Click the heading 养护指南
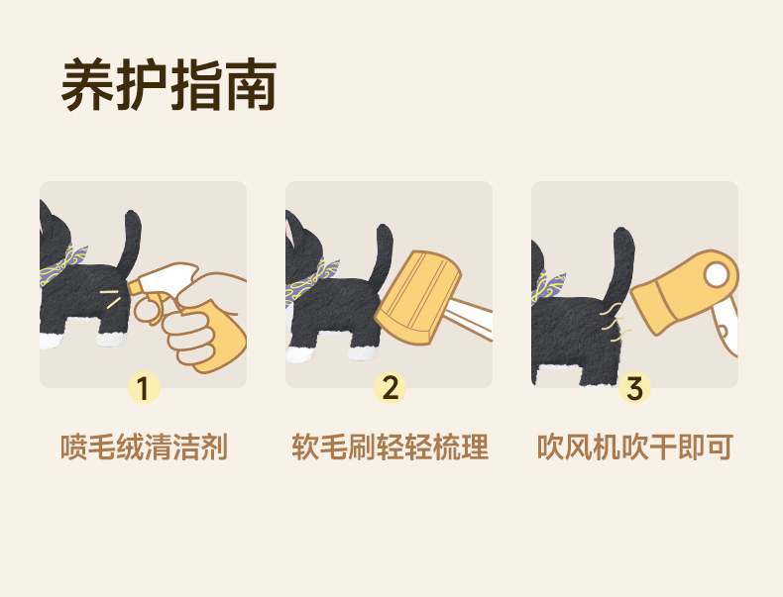168,84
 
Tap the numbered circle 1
144,387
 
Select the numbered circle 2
390,387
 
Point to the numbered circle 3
634,387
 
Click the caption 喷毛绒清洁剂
144,447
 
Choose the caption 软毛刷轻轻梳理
390,447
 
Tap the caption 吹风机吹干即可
634,447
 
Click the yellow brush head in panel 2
418,298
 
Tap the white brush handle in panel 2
470,319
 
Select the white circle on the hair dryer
717,275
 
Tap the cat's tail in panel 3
620,264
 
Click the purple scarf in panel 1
63,264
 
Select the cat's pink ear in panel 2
289,228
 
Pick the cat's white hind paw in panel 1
111,340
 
